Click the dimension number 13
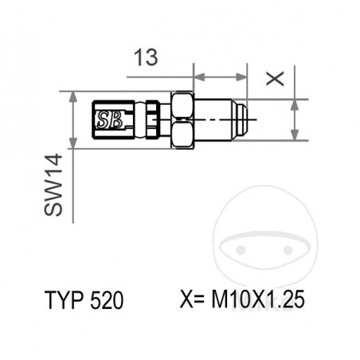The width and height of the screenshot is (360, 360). pyautogui.click(x=145, y=58)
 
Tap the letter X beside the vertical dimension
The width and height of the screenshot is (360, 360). pyautogui.click(x=274, y=77)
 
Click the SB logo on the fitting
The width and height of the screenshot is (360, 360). pyautogui.click(x=109, y=120)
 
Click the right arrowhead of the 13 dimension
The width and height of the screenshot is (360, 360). pyautogui.click(x=245, y=78)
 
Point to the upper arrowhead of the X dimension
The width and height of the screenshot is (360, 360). pyautogui.click(x=295, y=104)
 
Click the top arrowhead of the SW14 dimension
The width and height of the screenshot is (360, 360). pyautogui.click(x=73, y=96)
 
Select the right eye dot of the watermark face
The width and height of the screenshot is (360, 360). pyautogui.click(x=285, y=248)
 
